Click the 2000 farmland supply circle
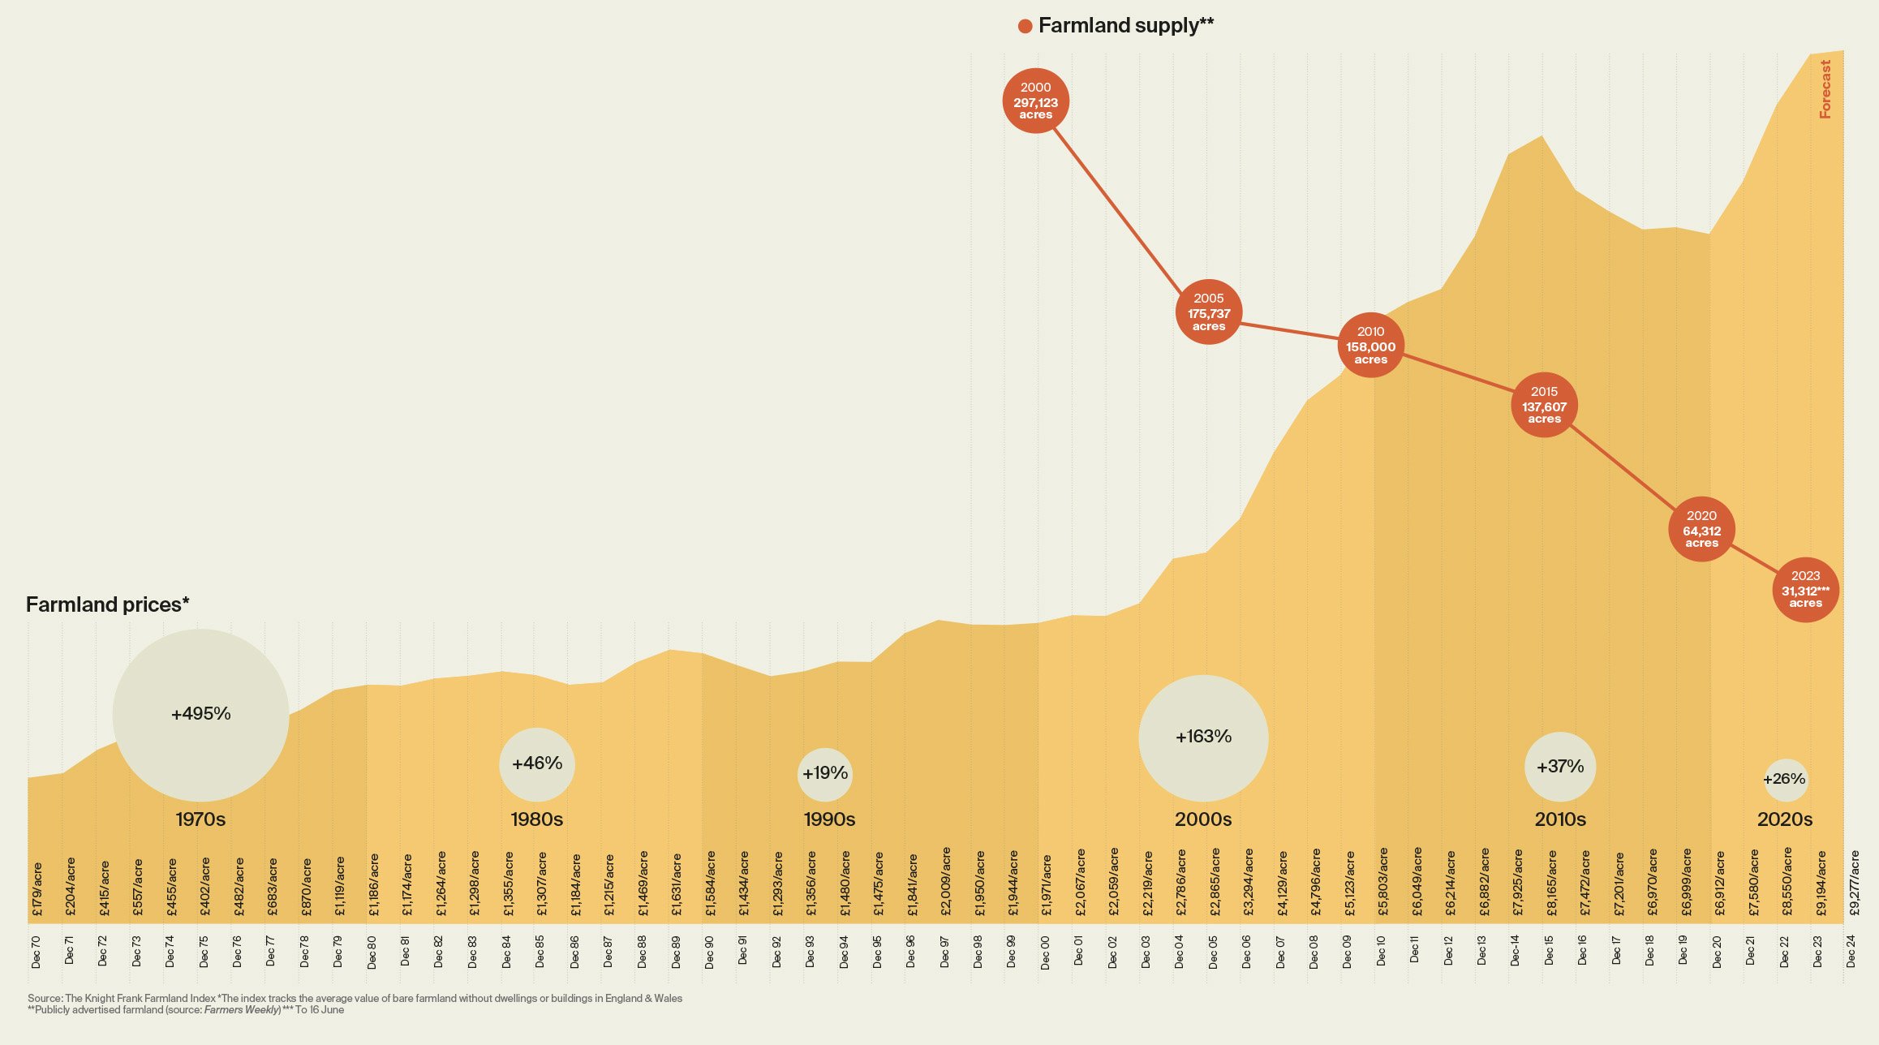point(1035,101)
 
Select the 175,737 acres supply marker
point(1209,312)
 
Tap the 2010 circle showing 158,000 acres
point(1370,346)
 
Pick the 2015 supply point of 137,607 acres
point(1544,405)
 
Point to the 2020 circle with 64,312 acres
point(1701,530)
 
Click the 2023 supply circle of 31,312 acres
point(1805,590)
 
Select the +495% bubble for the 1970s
point(200,715)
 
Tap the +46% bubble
point(536,763)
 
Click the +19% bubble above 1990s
point(825,774)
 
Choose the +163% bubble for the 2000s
point(1203,738)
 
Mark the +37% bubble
point(1559,767)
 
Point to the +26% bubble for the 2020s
point(1785,780)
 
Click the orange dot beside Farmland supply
point(1025,27)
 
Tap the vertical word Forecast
point(1825,89)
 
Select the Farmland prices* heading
point(107,605)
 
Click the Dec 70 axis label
point(36,952)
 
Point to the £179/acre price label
point(37,890)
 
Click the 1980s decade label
point(536,819)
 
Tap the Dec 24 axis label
point(1851,952)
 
